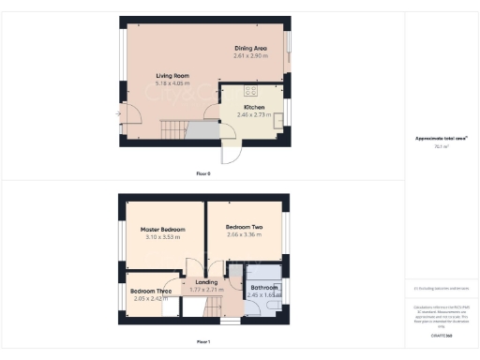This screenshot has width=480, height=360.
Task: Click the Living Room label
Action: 172,75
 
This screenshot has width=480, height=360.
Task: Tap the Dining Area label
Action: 251,47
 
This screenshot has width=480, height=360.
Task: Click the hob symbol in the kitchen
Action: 250,91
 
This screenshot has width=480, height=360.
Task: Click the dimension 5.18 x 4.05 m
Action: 172,84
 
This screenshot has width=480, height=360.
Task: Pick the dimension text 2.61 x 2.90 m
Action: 251,55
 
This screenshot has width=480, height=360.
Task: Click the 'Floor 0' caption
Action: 203,174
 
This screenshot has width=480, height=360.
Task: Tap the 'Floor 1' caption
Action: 203,341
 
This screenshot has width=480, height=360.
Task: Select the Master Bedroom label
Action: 161,229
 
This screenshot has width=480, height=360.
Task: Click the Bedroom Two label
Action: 244,227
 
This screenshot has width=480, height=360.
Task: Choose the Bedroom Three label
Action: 151,291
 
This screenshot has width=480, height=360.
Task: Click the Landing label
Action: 205,282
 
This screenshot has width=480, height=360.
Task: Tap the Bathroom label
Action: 264,287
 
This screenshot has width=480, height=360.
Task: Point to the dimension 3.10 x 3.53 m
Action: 161,238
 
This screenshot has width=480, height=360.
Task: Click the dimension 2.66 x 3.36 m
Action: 244,236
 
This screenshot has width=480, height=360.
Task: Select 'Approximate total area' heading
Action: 441,139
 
